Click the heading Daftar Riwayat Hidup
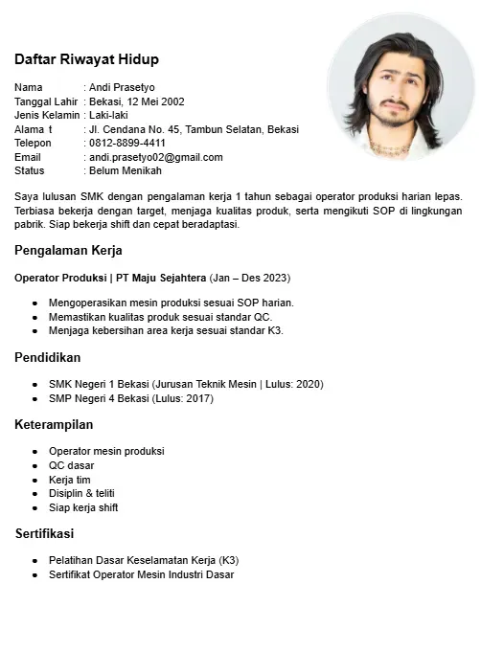(x=86, y=59)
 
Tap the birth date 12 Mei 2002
(x=156, y=101)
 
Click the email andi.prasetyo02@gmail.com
(x=155, y=157)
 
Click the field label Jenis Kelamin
(x=46, y=115)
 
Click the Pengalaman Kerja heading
(x=68, y=251)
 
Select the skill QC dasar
(x=71, y=465)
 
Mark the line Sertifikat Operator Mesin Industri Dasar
(x=141, y=574)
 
